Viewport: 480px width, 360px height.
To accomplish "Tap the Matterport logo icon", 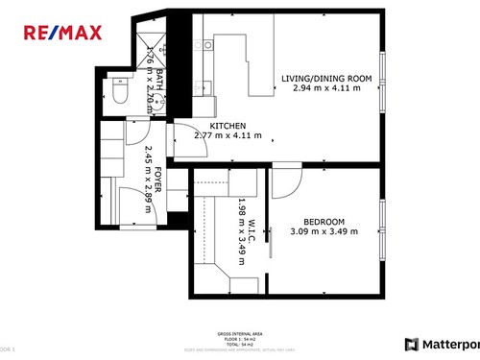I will point(411,344).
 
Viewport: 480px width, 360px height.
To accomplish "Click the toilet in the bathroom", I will point(119,94).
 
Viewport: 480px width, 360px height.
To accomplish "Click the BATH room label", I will point(160,79).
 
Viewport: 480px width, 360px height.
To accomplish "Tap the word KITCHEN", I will point(228,127).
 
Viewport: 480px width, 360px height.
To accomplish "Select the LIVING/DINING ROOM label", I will point(325,79).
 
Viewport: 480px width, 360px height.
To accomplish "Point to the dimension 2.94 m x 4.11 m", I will point(325,88).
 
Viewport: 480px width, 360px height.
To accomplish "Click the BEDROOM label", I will point(324,220).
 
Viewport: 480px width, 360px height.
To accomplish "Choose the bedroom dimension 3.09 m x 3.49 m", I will point(324,230).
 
